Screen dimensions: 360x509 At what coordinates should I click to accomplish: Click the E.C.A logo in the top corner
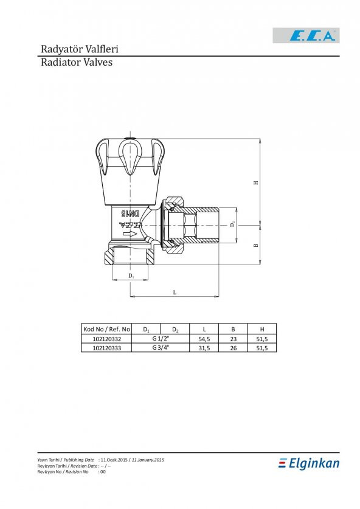[x=306, y=35]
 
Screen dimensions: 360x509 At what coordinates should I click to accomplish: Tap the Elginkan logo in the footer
[x=309, y=463]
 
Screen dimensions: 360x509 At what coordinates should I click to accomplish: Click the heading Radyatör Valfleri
[x=80, y=49]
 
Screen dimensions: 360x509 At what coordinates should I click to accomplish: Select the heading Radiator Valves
[x=77, y=62]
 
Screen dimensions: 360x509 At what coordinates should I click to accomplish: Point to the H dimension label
[x=256, y=182]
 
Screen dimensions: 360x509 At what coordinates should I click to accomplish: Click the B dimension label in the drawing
[x=256, y=245]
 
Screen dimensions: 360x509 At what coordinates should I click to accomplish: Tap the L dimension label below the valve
[x=175, y=293]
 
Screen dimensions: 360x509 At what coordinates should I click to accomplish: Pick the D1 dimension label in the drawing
[x=131, y=276]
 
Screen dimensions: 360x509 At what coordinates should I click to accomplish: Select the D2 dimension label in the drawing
[x=232, y=224]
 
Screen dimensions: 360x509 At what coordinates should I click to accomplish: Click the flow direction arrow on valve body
[x=130, y=234]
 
